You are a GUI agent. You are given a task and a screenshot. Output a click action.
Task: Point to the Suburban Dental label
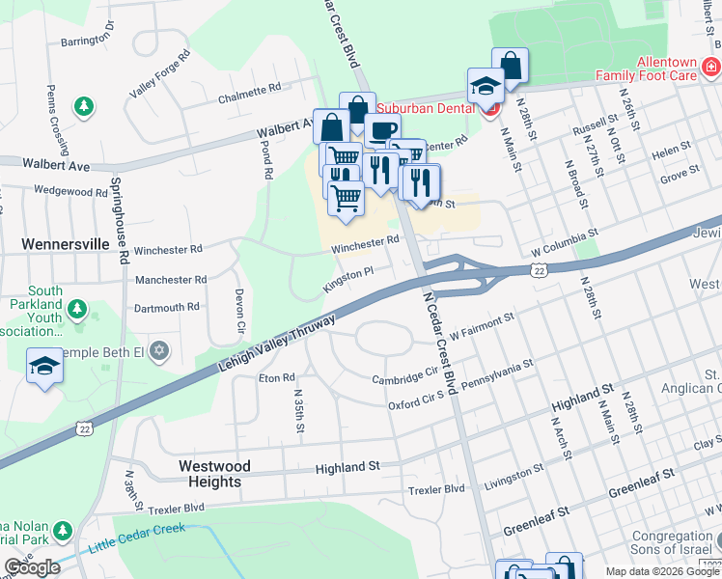pyautogui.click(x=428, y=108)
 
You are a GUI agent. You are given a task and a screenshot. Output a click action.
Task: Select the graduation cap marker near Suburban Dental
pyautogui.click(x=486, y=85)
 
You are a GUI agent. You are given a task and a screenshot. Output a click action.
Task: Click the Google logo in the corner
pyautogui.click(x=32, y=567)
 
